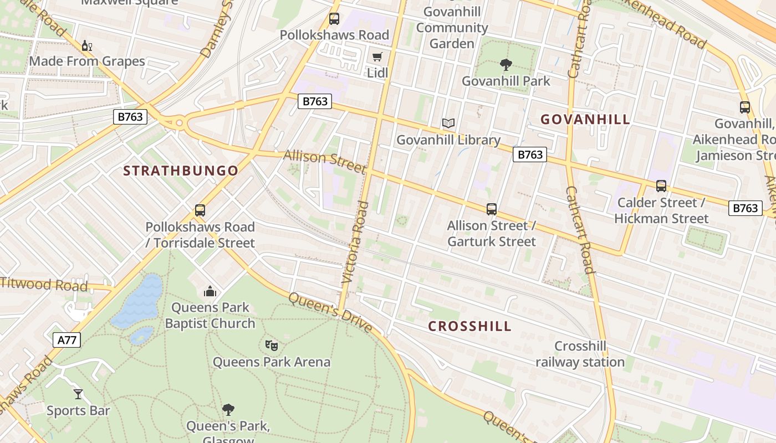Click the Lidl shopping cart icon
pyautogui.click(x=377, y=56)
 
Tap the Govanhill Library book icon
pyautogui.click(x=448, y=123)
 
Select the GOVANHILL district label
pyautogui.click(x=585, y=119)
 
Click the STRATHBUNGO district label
pyautogui.click(x=181, y=171)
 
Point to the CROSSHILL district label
pyautogui.click(x=469, y=326)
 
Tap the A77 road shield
pyautogui.click(x=67, y=339)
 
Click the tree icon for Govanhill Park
pyautogui.click(x=506, y=65)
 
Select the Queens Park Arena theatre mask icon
pyautogui.click(x=271, y=346)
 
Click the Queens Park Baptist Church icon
pyautogui.click(x=210, y=291)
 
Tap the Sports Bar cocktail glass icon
pyautogui.click(x=78, y=394)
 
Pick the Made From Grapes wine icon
pyautogui.click(x=86, y=45)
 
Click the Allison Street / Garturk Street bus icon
pyautogui.click(x=491, y=209)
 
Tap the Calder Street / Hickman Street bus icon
pyautogui.click(x=661, y=186)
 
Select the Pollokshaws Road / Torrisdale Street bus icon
pyautogui.click(x=200, y=210)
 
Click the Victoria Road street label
pyautogui.click(x=355, y=243)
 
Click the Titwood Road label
pyautogui.click(x=44, y=285)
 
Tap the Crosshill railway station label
pyautogui.click(x=580, y=354)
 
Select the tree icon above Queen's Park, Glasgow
pyautogui.click(x=228, y=410)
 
